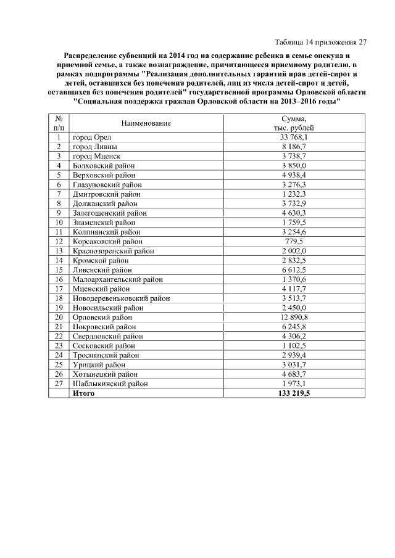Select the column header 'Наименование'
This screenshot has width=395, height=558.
146,123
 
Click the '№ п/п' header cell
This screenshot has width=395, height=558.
59,123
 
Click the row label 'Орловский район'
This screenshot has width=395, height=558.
102,317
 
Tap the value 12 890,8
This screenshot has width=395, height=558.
294,317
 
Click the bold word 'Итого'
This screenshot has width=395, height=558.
84,393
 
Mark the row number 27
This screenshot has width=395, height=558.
59,384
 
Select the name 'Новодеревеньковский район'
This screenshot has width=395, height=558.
121,298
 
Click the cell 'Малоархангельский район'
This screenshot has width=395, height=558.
117,279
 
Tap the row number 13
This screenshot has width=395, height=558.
59,251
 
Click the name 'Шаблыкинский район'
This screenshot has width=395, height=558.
110,384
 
